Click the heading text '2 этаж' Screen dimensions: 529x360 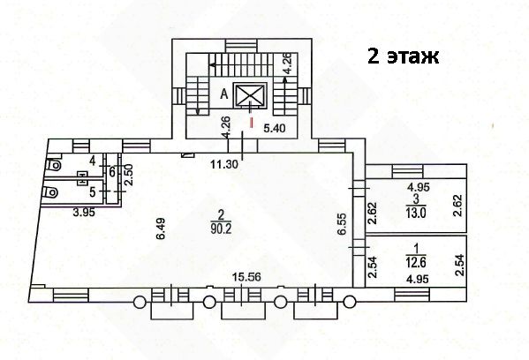pos(404,56)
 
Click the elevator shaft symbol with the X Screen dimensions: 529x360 pos(250,95)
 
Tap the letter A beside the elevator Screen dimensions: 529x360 pos(224,94)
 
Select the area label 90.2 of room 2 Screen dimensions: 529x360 pos(221,229)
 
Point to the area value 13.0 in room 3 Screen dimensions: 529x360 pos(416,213)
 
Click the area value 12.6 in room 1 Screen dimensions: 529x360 pos(416,262)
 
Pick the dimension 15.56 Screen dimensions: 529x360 pos(246,277)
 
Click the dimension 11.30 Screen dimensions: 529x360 pos(224,164)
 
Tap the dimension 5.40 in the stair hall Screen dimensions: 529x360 pos(275,129)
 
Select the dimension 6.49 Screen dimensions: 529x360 pos(162,229)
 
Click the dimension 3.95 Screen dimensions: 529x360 pos(85,213)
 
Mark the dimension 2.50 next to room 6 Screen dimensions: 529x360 pos(129,175)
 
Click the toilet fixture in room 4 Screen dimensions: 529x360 pos(54,165)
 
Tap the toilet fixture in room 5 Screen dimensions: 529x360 pos(50,193)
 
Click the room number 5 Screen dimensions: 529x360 pos(93,192)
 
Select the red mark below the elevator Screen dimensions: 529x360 pos(251,122)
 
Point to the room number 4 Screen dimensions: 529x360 pos(93,161)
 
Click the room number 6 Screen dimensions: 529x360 pos(112,171)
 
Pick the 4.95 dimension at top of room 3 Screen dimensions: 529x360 pos(419,187)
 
